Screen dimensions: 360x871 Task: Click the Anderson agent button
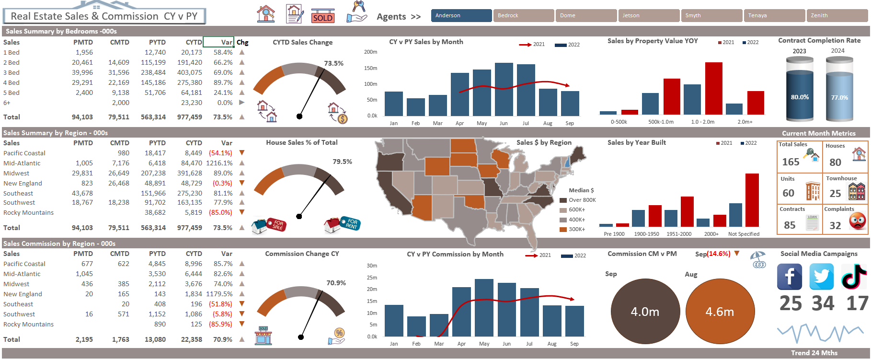point(461,16)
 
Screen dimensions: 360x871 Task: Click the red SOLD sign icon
point(322,16)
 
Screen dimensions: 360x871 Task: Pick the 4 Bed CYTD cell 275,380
point(190,82)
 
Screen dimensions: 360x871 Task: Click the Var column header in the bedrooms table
point(219,42)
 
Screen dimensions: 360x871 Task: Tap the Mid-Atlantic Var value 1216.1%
point(219,163)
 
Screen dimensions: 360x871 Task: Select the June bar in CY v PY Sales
point(504,89)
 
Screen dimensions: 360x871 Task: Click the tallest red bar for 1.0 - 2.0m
point(713,88)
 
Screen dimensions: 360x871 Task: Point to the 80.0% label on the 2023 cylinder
point(800,97)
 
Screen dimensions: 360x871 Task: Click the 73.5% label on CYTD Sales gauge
point(333,63)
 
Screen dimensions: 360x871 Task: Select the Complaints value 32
point(835,225)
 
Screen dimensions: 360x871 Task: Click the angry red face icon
point(858,221)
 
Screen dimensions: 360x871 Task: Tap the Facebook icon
point(789,277)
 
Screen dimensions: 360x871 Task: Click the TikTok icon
point(854,277)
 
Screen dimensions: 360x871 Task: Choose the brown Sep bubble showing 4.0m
point(645,312)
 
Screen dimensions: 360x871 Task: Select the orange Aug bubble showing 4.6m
point(720,312)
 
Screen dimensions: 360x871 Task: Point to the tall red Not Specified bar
point(752,200)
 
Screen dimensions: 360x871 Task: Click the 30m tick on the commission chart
point(372,266)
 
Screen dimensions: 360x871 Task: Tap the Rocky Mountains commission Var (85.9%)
point(220,324)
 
